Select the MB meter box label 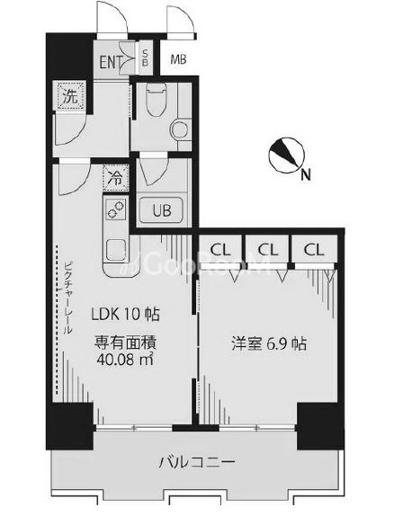(x=178, y=62)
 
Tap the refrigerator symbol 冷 (x=115, y=178)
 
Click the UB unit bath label (x=161, y=211)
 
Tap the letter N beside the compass (x=308, y=175)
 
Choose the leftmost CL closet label (x=219, y=249)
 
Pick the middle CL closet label (x=267, y=249)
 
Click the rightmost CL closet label (x=314, y=249)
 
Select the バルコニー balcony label (x=198, y=463)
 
